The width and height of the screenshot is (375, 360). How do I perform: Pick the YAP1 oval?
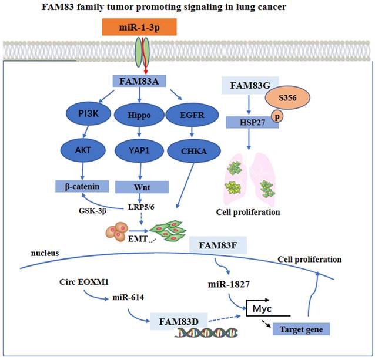point(139,150)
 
